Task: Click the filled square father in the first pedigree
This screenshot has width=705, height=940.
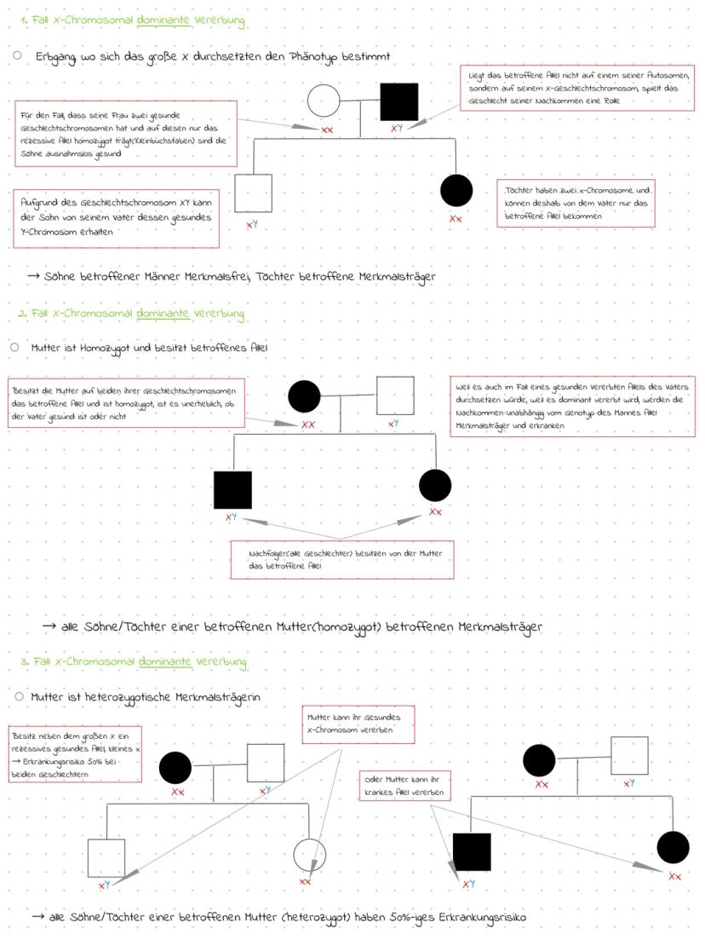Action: coord(399,102)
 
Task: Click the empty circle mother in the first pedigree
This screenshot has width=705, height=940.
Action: coord(323,102)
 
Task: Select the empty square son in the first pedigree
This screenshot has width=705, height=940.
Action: coord(253,193)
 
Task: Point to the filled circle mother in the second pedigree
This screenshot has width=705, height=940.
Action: coord(304,395)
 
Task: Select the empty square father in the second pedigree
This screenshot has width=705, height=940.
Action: coord(395,395)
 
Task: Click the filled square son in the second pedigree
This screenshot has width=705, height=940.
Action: coord(232,490)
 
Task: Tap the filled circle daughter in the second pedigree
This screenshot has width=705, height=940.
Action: coord(435,486)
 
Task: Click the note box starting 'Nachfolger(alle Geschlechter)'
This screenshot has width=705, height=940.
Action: coord(341,559)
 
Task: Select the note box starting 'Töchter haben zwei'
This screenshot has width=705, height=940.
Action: coord(576,203)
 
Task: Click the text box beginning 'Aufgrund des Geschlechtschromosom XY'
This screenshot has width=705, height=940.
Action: coord(117,217)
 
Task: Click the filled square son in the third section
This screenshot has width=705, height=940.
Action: coord(472,852)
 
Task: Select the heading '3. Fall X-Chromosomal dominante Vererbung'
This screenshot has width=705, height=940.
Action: coord(133,661)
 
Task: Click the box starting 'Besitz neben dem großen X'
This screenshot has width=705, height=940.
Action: coord(75,753)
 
